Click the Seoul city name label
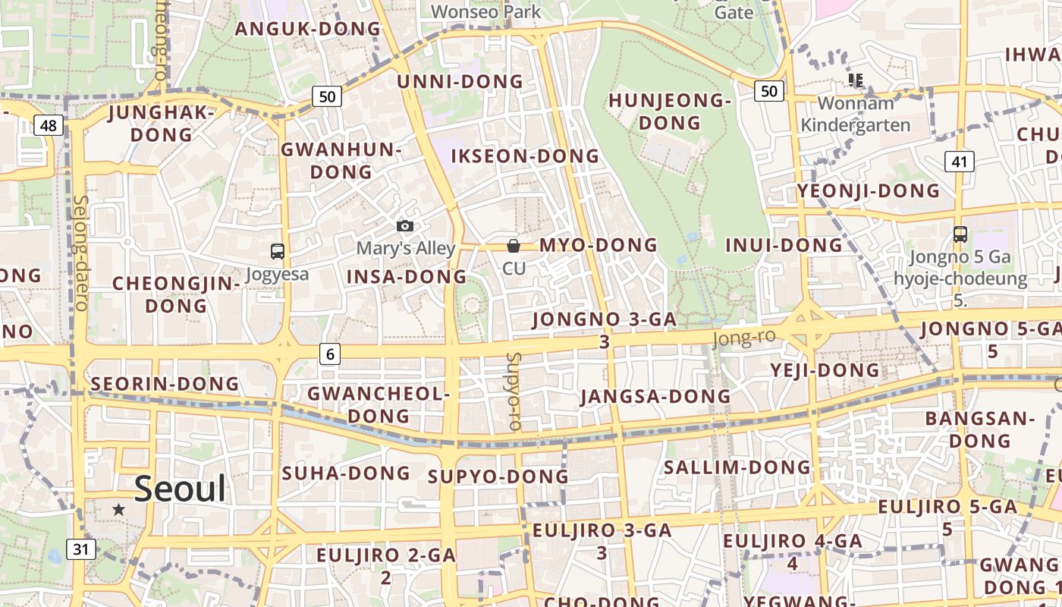(x=180, y=489)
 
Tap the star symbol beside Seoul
(x=118, y=510)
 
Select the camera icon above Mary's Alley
(x=405, y=226)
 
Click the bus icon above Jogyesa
(x=278, y=251)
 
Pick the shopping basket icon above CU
(x=514, y=245)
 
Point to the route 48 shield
(x=48, y=125)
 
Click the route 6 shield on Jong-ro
(x=330, y=353)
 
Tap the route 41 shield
(x=960, y=161)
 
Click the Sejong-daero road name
(x=81, y=253)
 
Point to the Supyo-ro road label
(x=514, y=392)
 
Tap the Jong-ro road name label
(x=744, y=338)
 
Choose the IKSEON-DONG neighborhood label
(x=525, y=156)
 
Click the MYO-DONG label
(x=598, y=245)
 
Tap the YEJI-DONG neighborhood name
(x=825, y=370)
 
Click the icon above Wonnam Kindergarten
(x=856, y=80)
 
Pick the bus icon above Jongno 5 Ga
(x=960, y=234)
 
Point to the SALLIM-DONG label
(x=737, y=467)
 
